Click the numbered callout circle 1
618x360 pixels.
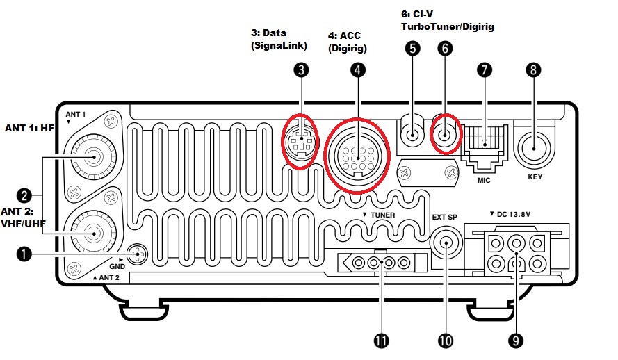tap(24, 255)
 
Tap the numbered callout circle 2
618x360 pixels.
tap(24, 195)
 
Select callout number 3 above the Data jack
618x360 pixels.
tap(300, 69)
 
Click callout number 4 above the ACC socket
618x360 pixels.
tap(357, 69)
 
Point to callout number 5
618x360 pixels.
tap(413, 48)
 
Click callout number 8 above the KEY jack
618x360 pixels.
tap(533, 69)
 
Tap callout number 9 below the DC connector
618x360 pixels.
tap(515, 340)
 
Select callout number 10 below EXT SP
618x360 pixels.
tap(446, 340)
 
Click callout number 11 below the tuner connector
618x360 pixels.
tap(380, 340)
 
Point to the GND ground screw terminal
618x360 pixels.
tap(139, 254)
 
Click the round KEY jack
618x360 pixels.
tap(534, 147)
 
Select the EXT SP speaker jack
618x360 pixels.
tap(445, 245)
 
